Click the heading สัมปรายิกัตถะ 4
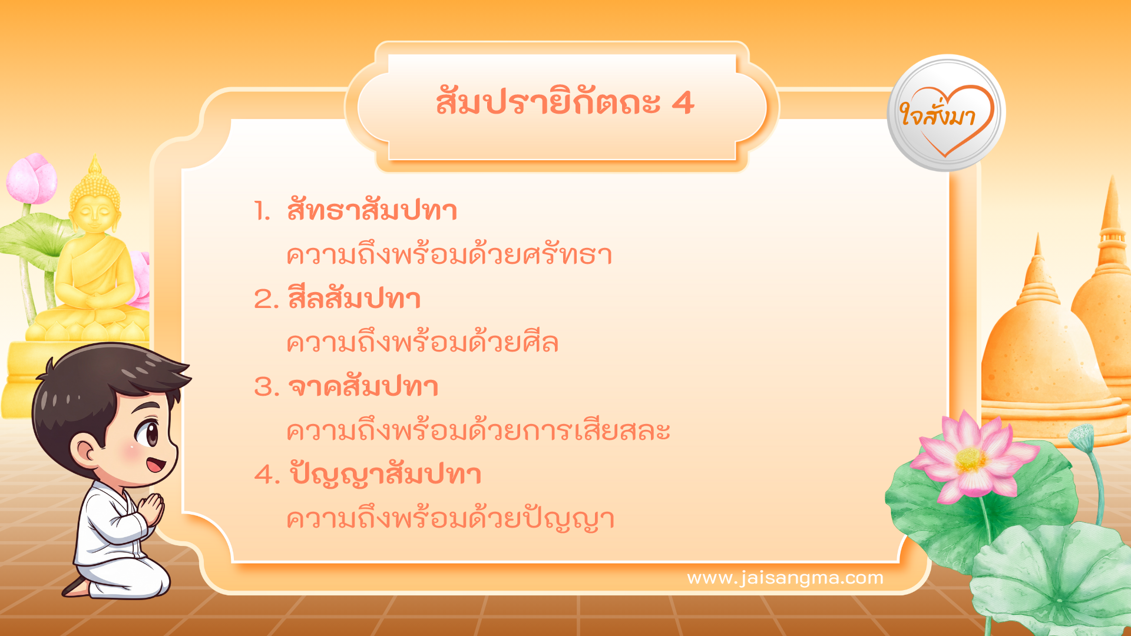click(x=564, y=104)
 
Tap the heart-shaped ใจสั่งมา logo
click(x=946, y=114)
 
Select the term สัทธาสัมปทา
click(x=372, y=211)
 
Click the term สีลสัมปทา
click(x=354, y=299)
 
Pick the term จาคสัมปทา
click(x=363, y=387)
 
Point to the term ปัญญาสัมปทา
click(x=385, y=475)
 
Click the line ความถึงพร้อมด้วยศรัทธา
click(x=449, y=255)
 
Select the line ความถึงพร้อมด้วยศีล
click(x=422, y=343)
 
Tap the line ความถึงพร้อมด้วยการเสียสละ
click(x=478, y=431)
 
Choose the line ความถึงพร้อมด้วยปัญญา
click(x=450, y=519)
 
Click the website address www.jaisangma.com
click(x=785, y=578)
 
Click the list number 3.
click(x=266, y=387)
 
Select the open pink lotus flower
click(x=972, y=459)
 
